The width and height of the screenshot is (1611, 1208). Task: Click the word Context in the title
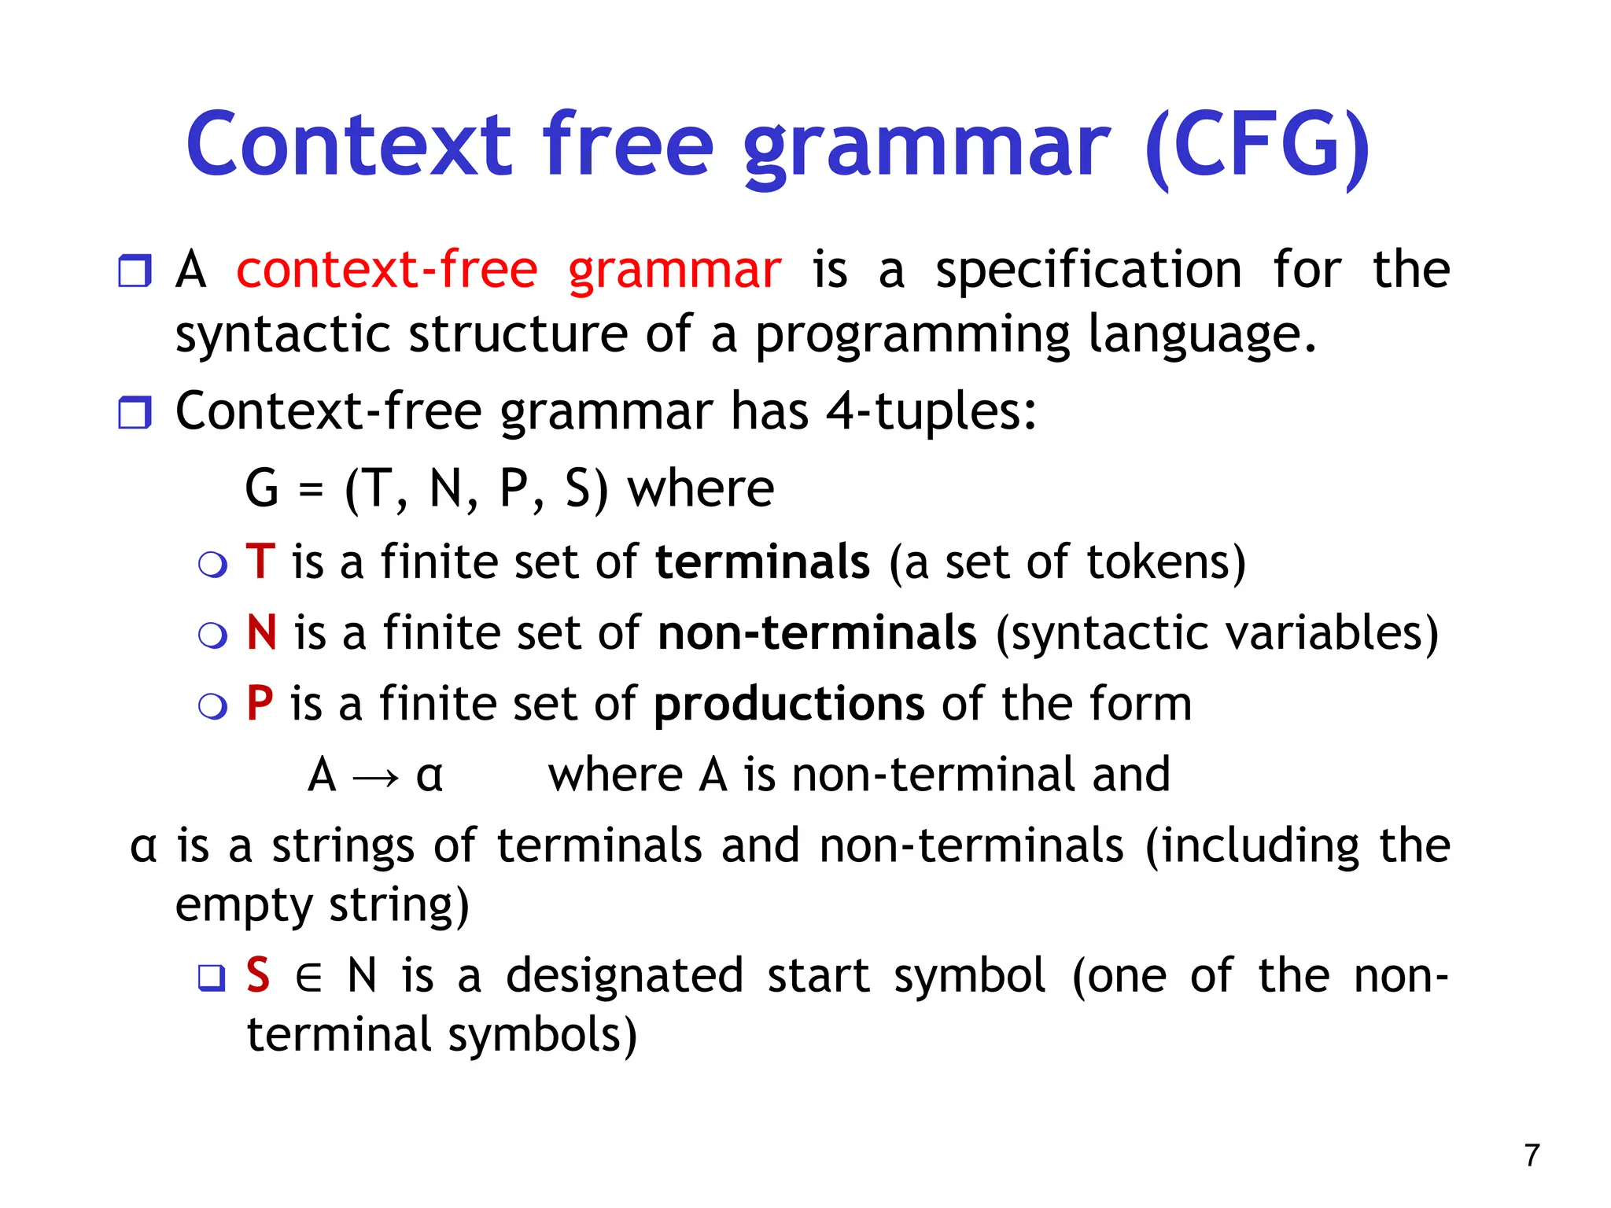(350, 145)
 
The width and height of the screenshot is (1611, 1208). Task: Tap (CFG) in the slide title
(1256, 147)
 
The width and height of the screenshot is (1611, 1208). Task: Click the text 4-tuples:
(931, 411)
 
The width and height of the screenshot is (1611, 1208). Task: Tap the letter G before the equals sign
(262, 488)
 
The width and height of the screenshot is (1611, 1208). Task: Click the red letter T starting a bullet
(260, 562)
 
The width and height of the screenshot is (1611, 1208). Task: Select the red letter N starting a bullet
(262, 632)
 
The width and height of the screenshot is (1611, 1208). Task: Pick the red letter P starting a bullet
(260, 703)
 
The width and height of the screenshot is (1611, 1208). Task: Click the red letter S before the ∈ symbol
(258, 975)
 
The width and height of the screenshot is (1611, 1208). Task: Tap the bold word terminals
(762, 562)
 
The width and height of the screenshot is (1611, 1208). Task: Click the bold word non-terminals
(817, 632)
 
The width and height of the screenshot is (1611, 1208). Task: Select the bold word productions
(789, 703)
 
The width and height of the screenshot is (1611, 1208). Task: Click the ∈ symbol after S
(308, 978)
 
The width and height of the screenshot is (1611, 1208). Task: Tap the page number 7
(1532, 1155)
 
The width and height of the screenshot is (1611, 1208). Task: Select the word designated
(625, 975)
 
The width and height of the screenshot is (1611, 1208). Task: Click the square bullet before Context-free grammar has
(135, 413)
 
